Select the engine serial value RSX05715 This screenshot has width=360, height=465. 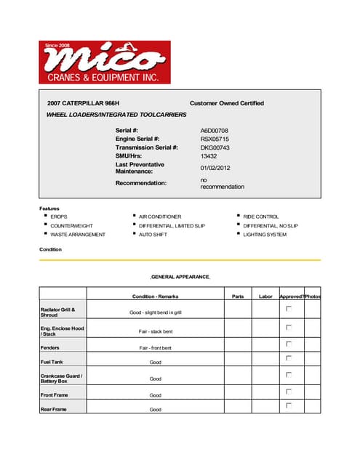coord(215,139)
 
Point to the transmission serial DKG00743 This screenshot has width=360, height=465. coord(215,147)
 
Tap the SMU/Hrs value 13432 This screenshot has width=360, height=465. coord(209,156)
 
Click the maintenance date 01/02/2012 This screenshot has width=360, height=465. coord(216,168)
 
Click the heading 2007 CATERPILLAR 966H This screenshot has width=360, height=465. coord(84,103)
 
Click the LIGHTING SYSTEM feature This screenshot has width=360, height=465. coord(265,235)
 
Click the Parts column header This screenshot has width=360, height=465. coord(237,296)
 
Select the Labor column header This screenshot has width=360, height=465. coord(265,296)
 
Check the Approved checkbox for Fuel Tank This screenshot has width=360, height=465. coord(289,358)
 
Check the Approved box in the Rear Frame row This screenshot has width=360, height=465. coord(289,405)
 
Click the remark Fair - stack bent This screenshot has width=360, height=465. coord(155,331)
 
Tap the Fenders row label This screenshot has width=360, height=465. coord(50,348)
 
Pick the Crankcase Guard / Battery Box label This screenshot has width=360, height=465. coord(61,378)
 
